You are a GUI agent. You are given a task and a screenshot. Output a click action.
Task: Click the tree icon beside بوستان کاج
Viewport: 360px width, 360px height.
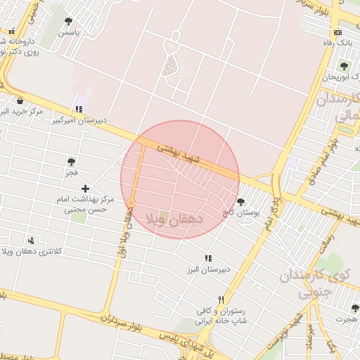point(240,202)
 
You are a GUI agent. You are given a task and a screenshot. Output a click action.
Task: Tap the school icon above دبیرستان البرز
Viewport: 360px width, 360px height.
point(207,259)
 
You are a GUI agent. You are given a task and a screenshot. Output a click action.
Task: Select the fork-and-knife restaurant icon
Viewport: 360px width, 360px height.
point(222,299)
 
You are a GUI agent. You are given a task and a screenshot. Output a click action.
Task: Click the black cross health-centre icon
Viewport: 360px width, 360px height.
point(85,188)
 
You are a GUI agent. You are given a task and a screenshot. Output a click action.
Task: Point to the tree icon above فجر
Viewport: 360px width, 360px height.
point(71,162)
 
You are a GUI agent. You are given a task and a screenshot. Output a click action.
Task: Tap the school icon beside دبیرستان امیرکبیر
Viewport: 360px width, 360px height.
point(79,109)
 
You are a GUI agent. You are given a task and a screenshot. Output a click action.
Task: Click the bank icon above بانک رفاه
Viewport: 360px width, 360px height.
point(338,32)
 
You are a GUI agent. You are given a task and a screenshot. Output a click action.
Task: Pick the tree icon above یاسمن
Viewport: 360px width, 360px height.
point(68,22)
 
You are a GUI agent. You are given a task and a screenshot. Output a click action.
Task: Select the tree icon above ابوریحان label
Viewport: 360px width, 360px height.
point(344,66)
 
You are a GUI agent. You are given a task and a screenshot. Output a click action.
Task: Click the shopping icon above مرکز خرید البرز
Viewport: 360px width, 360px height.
point(20,101)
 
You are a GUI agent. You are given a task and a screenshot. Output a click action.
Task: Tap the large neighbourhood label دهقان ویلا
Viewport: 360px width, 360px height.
point(174,219)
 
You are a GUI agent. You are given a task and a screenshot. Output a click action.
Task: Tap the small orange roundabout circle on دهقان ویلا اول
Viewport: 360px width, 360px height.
point(131,204)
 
